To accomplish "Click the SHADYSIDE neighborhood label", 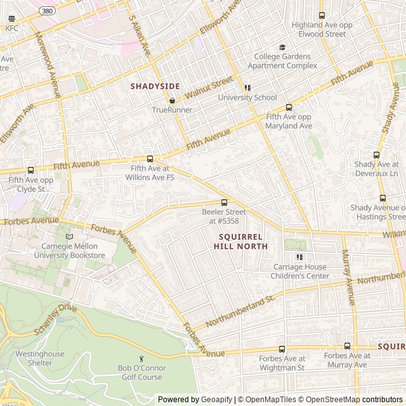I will [x=155, y=86].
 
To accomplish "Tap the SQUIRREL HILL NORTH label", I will [x=240, y=241].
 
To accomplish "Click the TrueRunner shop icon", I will [x=172, y=100].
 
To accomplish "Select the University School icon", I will [x=247, y=88].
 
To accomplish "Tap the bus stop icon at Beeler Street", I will [x=224, y=202].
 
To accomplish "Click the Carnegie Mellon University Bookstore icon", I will [x=69, y=237].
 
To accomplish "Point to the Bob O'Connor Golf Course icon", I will [x=141, y=358].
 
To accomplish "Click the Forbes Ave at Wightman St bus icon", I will [x=282, y=349].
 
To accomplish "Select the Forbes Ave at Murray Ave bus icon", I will [x=347, y=346].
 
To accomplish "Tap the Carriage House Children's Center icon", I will [x=300, y=257].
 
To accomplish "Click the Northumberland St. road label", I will [x=240, y=311].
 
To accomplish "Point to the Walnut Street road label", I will [x=209, y=88].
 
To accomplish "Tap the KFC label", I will [x=12, y=29].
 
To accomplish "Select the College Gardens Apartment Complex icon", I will [x=282, y=47].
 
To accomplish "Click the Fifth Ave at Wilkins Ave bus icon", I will [x=150, y=159].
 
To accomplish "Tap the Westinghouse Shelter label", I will [x=40, y=358].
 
